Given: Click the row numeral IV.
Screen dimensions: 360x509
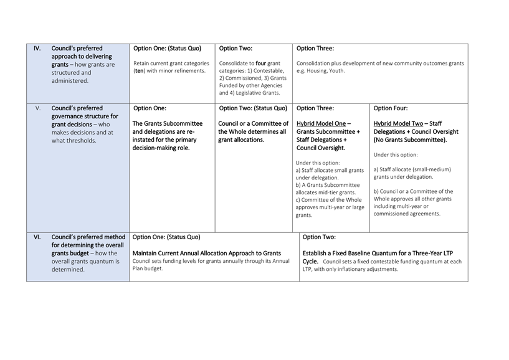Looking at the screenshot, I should click(37, 49).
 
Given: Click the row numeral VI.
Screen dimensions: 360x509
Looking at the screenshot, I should click(37, 237).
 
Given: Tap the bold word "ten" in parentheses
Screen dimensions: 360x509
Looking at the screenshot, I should click(140, 71).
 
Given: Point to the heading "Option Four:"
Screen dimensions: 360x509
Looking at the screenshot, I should click(392, 108).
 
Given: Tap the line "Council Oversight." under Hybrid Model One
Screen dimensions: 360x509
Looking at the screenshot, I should click(320, 148).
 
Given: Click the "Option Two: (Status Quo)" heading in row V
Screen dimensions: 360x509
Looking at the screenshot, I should click(252, 108).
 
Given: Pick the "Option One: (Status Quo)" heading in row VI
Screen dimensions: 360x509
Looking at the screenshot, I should click(167, 237).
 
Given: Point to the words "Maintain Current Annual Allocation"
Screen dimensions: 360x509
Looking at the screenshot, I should click(182, 253).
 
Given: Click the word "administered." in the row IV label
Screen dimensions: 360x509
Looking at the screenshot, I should click(70, 80).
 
